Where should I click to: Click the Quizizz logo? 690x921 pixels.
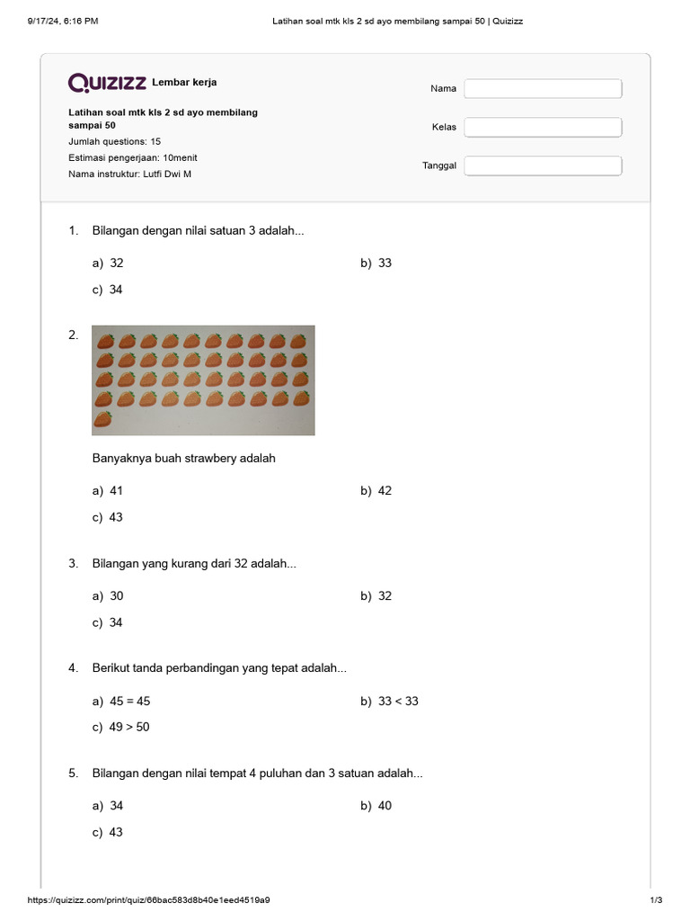point(107,83)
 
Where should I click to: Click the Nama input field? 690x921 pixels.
point(543,88)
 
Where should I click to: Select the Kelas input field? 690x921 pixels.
point(543,127)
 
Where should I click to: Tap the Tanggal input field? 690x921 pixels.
point(543,165)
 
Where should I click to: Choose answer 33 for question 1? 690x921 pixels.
point(385,264)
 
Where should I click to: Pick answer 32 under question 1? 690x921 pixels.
point(117,264)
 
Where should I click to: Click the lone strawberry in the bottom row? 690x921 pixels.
point(104,419)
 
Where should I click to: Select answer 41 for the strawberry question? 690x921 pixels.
point(116,491)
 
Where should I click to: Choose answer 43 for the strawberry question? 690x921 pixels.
point(116,517)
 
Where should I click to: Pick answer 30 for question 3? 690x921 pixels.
point(116,596)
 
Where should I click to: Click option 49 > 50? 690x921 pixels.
point(129,728)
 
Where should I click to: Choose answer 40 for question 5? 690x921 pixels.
point(385,806)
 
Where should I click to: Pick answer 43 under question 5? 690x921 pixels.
point(116,833)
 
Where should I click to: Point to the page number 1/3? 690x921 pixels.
point(656,900)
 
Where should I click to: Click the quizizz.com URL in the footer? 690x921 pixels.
point(149,900)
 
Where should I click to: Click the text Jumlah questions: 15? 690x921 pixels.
point(115,142)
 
